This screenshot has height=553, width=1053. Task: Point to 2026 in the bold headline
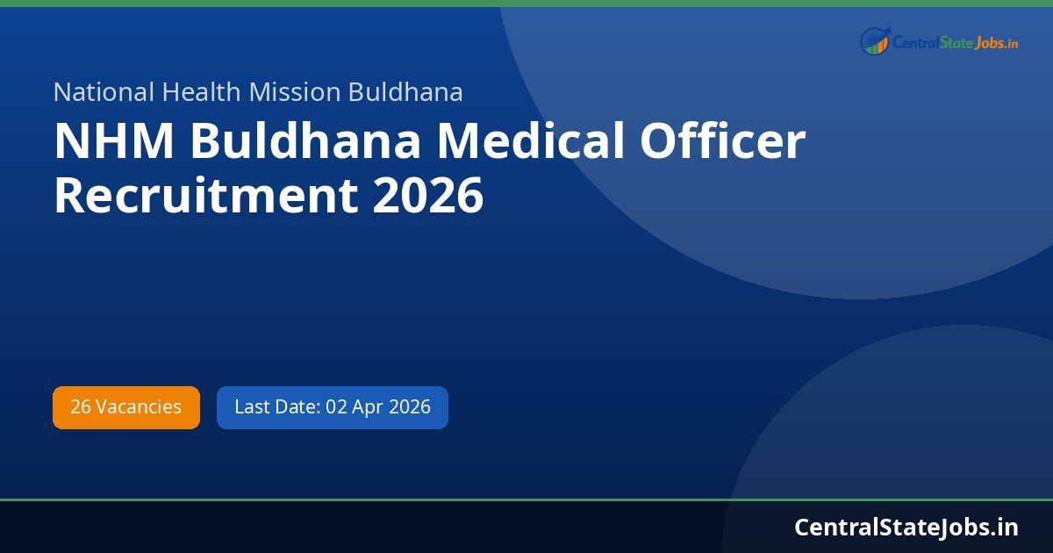tap(427, 195)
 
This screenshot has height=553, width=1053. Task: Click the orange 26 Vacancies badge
tap(126, 407)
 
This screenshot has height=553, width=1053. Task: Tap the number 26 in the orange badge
tap(80, 407)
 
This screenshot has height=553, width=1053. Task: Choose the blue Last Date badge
tap(333, 407)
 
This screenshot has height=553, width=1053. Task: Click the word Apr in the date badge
tap(368, 407)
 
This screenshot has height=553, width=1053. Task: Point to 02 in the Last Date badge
tap(336, 407)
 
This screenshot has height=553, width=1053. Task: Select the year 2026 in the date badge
tap(410, 407)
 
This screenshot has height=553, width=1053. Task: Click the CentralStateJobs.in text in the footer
tap(906, 527)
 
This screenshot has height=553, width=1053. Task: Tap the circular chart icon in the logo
tap(874, 41)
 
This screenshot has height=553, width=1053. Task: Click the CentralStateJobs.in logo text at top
tap(955, 42)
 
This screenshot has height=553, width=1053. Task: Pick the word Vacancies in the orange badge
tap(139, 407)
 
